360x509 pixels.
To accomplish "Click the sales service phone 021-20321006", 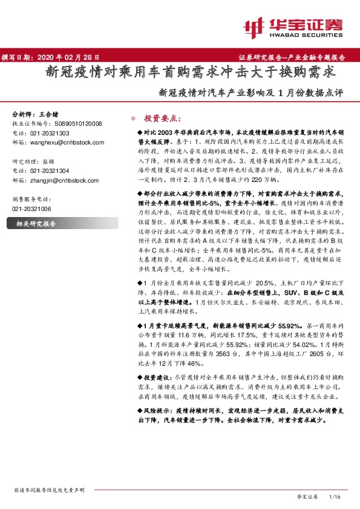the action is (x=32, y=208).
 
